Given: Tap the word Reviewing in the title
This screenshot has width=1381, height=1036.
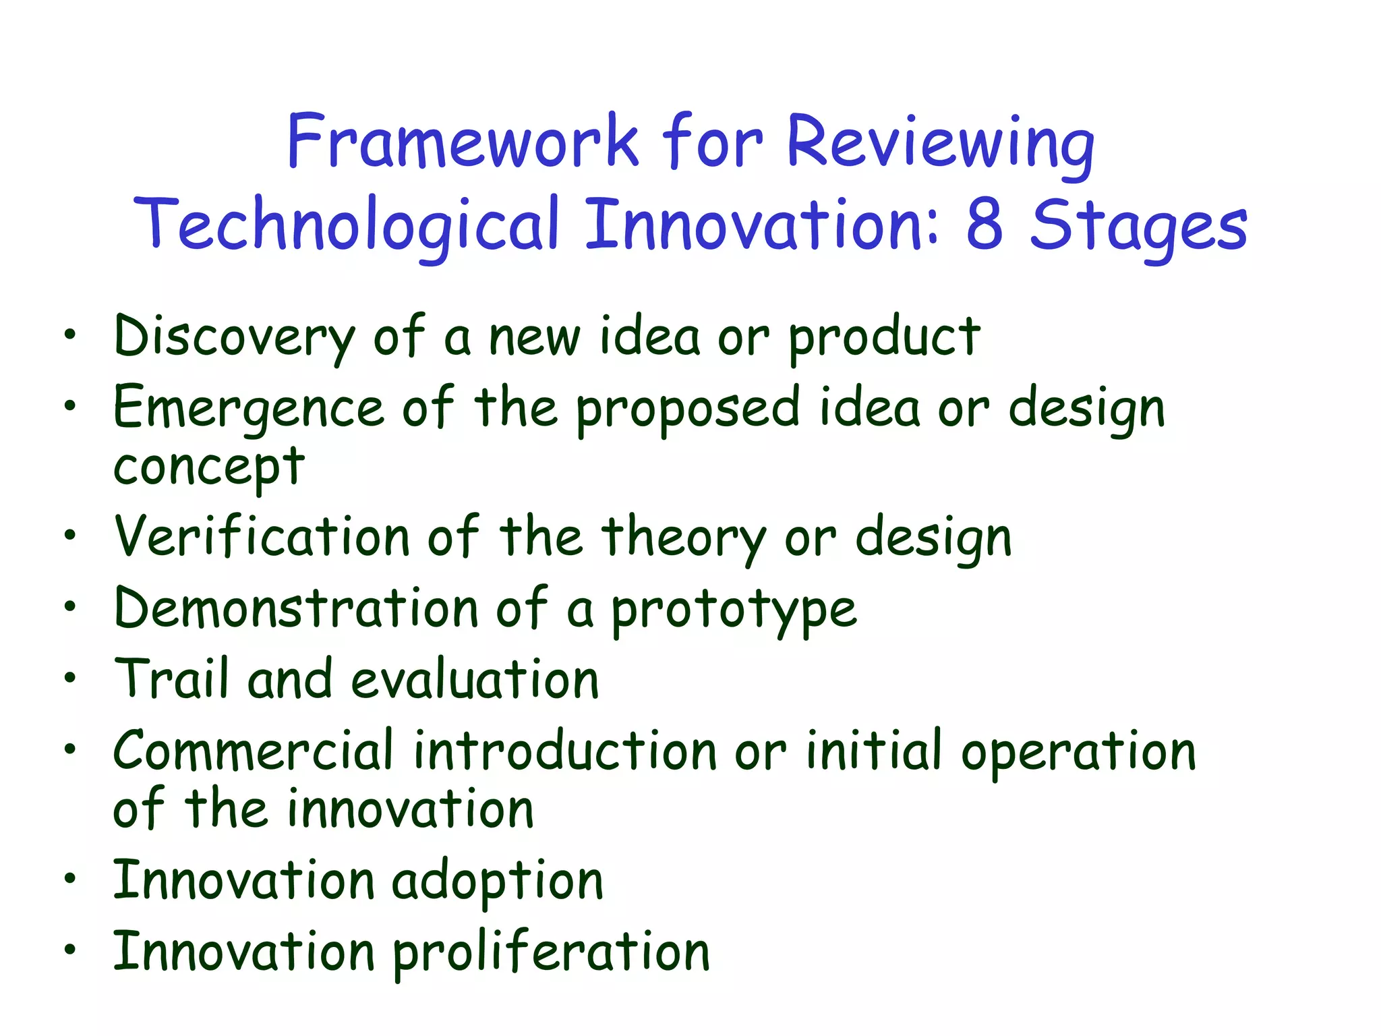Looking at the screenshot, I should [x=940, y=143].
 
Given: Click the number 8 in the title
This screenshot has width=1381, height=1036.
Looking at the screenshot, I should [x=984, y=225].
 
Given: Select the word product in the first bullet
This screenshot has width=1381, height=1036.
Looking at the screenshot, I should [x=884, y=337].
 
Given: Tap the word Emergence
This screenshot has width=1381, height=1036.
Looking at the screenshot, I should [x=249, y=409].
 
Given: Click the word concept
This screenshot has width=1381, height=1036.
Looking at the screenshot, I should [x=209, y=467].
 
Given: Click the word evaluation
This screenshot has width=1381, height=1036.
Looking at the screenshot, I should [x=475, y=680].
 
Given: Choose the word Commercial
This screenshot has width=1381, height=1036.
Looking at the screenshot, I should [x=253, y=750].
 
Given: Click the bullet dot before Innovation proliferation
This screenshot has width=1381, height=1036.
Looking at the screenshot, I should [x=70, y=949].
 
